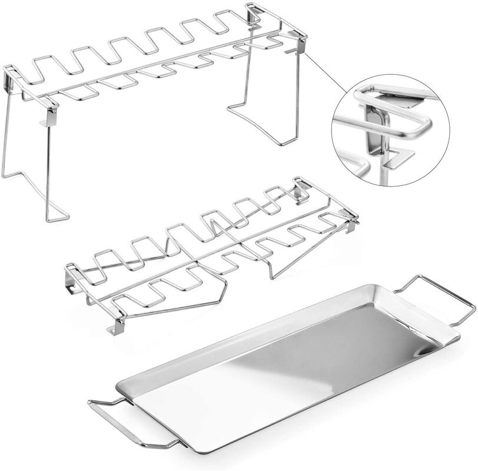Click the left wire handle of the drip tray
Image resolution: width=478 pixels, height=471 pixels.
(109, 421)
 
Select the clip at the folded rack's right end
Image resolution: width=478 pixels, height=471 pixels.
(352, 223)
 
